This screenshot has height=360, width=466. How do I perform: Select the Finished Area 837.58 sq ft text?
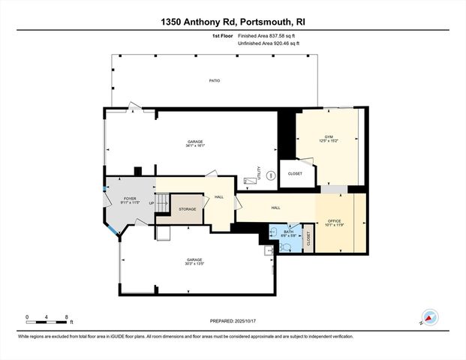[x=267, y=35]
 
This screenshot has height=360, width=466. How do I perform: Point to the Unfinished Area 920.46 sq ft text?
[x=269, y=43]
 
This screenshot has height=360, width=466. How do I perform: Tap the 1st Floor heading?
[x=222, y=35]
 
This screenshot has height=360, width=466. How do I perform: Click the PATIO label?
[x=215, y=80]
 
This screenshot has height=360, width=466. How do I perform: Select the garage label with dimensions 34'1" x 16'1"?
[x=195, y=143]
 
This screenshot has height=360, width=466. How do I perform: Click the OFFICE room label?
[x=334, y=223]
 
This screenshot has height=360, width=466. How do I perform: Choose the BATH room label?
[x=288, y=233]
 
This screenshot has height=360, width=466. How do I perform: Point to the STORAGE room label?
[x=187, y=209]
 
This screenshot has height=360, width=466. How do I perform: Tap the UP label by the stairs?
[x=152, y=203]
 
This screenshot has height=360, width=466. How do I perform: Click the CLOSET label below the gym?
[x=295, y=173]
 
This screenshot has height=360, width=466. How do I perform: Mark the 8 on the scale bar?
[x=67, y=317]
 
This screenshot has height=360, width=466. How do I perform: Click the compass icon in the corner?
[x=431, y=317]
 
